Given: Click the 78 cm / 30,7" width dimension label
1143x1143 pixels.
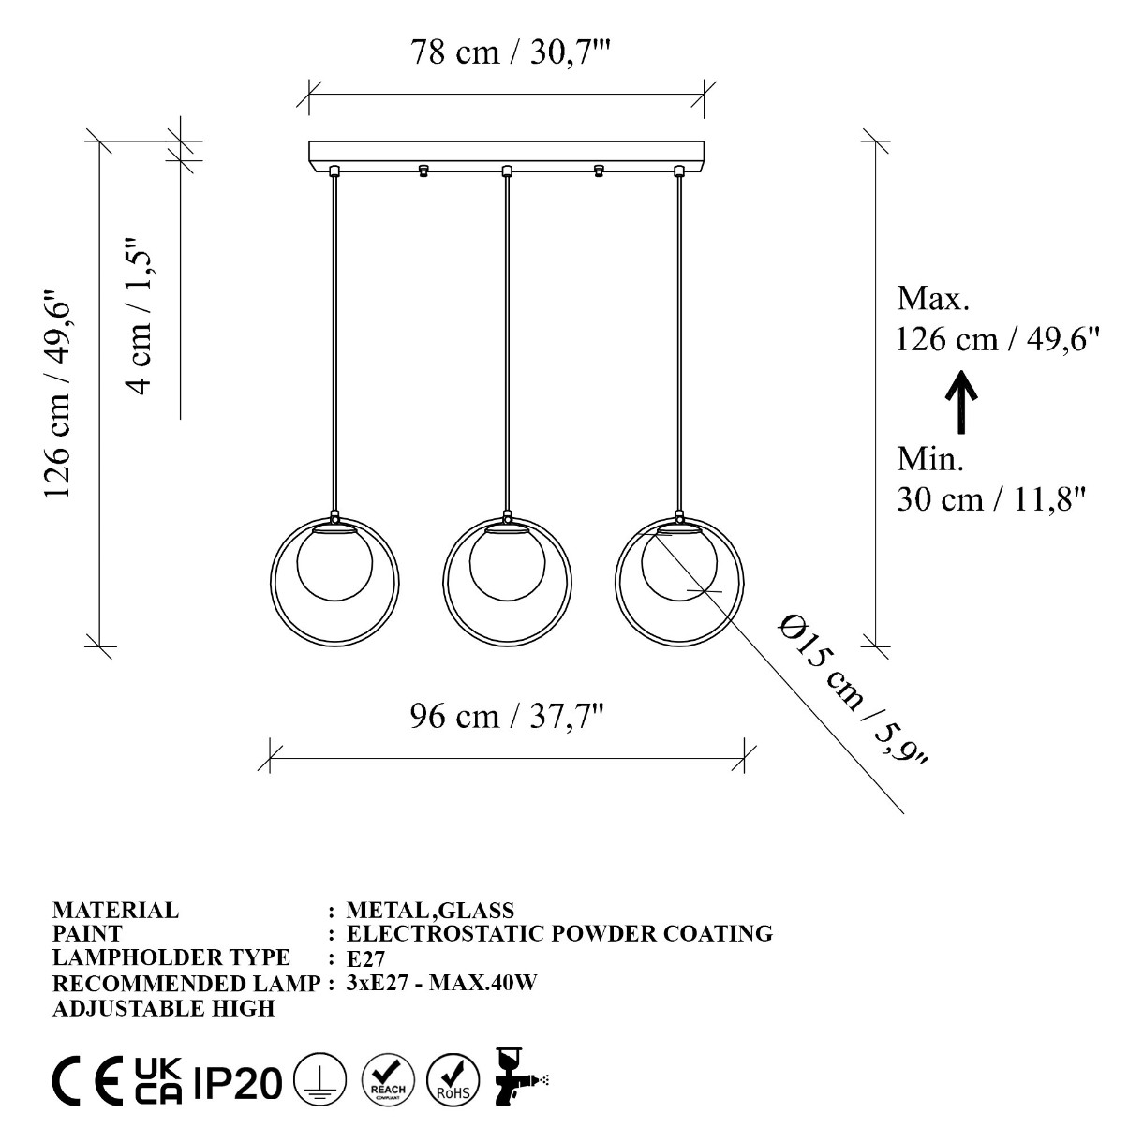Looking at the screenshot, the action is pyautogui.click(x=510, y=52).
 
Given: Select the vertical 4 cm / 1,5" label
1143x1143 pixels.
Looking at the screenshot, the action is pyautogui.click(x=140, y=318).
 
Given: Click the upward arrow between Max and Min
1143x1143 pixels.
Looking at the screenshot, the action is pyautogui.click(x=961, y=402).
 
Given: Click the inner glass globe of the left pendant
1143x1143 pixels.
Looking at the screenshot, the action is pyautogui.click(x=335, y=563).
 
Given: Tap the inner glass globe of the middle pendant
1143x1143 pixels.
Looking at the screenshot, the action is pyautogui.click(x=507, y=563).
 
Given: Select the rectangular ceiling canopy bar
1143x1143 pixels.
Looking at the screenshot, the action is pyautogui.click(x=507, y=154).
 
